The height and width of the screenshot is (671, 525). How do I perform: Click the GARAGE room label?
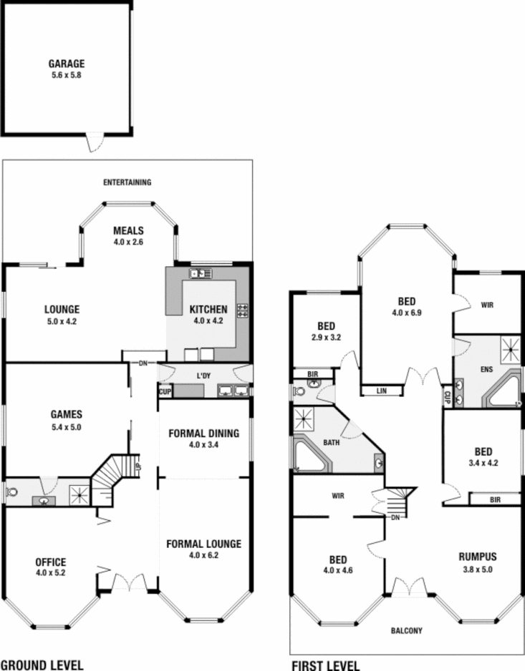click(x=67, y=64)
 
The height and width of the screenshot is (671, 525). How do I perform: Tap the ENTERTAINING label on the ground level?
click(x=127, y=182)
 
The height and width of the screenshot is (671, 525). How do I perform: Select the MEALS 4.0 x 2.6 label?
click(x=129, y=231)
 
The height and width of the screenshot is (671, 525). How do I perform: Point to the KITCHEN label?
click(x=208, y=310)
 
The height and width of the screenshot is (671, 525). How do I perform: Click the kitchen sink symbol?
click(x=199, y=273)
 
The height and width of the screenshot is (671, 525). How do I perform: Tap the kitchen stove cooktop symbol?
click(x=243, y=310)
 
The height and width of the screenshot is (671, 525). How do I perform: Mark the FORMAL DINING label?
click(x=204, y=434)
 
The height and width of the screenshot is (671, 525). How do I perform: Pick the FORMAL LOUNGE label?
click(x=204, y=544)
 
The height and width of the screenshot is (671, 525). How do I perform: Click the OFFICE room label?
click(x=51, y=562)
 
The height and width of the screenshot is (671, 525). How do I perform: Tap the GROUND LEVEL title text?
click(x=42, y=665)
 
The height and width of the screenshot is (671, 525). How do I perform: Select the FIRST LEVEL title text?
click(x=326, y=665)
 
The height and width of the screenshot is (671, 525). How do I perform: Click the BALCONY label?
click(x=406, y=631)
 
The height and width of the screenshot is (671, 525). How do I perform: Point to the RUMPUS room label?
click(x=478, y=556)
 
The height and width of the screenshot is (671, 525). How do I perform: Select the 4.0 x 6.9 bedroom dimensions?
click(x=405, y=313)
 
